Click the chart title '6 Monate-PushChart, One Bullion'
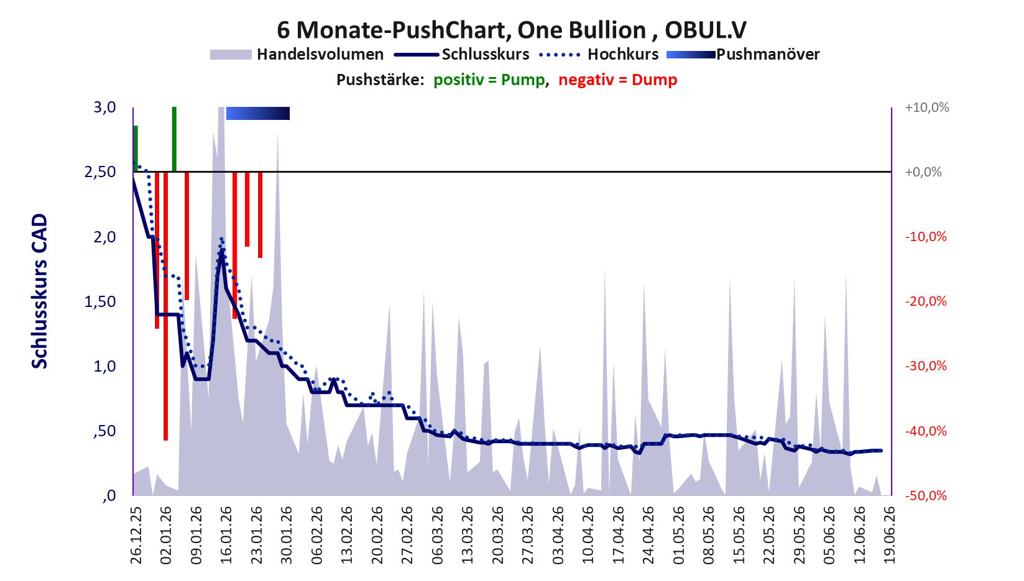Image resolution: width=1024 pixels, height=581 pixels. [x=461, y=30]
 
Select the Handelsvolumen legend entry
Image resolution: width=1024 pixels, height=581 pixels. [x=297, y=54]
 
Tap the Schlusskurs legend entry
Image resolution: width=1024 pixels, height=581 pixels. [x=462, y=54]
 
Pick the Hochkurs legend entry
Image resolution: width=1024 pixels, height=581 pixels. [x=599, y=54]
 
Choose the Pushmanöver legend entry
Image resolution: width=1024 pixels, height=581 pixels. [x=743, y=54]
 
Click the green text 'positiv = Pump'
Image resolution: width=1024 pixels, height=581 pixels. [x=489, y=80]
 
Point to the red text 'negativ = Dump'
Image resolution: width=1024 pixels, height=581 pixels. [x=617, y=80]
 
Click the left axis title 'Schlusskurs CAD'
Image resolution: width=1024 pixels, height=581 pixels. [x=40, y=291]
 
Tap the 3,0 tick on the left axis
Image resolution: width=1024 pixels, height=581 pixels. [x=104, y=108]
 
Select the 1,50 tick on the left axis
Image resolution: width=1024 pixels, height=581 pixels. [x=100, y=301]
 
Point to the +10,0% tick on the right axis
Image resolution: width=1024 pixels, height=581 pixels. [x=926, y=108]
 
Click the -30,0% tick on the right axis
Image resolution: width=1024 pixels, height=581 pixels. [x=926, y=366]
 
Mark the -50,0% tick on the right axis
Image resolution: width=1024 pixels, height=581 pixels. [x=926, y=496]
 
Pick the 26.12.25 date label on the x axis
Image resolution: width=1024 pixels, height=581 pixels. [x=136, y=534]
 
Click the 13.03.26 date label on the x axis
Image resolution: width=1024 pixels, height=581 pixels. [x=467, y=534]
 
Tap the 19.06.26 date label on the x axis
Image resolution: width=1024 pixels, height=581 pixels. [x=889, y=534]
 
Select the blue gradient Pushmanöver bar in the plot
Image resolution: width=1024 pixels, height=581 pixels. [x=258, y=113]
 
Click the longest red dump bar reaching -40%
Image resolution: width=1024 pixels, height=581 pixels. [x=165, y=306]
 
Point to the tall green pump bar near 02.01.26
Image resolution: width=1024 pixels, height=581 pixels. [x=174, y=139]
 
